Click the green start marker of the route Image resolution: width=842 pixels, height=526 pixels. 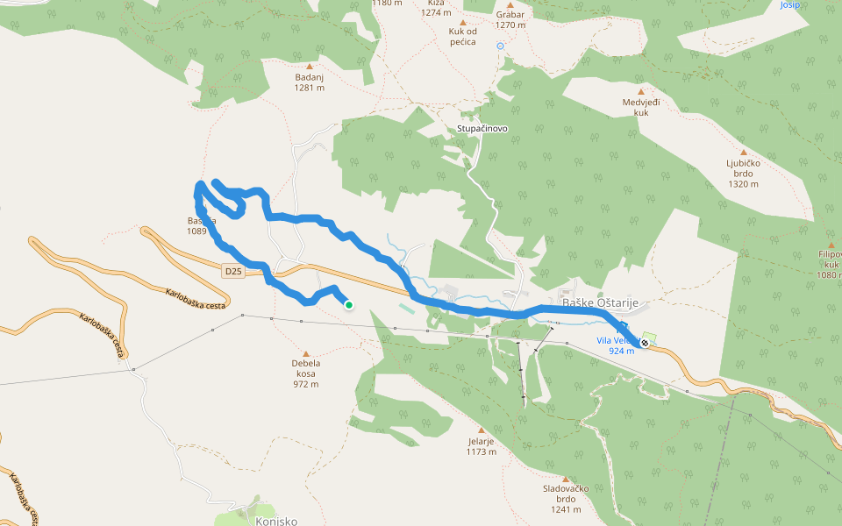pyautogui.click(x=349, y=305)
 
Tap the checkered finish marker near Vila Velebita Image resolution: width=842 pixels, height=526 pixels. pyautogui.click(x=645, y=343)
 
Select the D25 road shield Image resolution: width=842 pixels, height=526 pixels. pyautogui.click(x=232, y=272)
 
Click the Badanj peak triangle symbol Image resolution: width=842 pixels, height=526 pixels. pyautogui.click(x=310, y=66)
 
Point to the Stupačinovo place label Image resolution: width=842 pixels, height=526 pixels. pyautogui.click(x=482, y=128)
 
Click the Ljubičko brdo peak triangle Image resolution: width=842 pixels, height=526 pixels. pyautogui.click(x=743, y=152)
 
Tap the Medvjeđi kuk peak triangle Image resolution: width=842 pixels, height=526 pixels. pyautogui.click(x=640, y=91)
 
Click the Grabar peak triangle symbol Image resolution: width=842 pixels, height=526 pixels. pyautogui.click(x=510, y=5)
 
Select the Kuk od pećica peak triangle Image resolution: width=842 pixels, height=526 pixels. pyautogui.click(x=463, y=22)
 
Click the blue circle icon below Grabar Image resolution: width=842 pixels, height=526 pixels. pyautogui.click(x=501, y=46)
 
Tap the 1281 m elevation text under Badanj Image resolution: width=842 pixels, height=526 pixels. pyautogui.click(x=310, y=88)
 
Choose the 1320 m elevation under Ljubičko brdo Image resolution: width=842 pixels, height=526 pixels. pyautogui.click(x=743, y=185)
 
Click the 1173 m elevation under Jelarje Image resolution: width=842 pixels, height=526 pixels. pyautogui.click(x=482, y=452)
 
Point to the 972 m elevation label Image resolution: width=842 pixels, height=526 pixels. pyautogui.click(x=305, y=384)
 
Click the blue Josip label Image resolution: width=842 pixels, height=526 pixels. pyautogui.click(x=789, y=4)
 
